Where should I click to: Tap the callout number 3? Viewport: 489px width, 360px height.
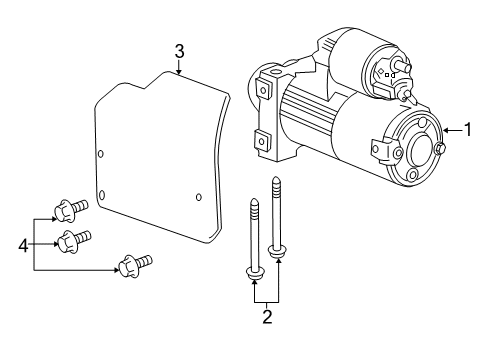click(x=178, y=50)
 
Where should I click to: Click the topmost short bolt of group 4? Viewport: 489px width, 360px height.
click(x=73, y=210)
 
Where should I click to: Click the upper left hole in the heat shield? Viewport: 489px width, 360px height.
click(x=102, y=153)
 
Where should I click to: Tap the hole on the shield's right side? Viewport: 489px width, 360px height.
click(x=198, y=196)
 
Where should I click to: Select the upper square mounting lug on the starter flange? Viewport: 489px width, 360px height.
click(x=264, y=89)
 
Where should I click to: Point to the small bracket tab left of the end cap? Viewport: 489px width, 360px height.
click(x=376, y=151)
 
